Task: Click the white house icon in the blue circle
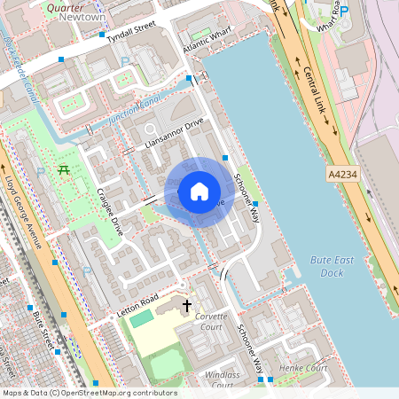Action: click(x=199, y=192)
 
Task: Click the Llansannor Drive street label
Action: click(x=174, y=133)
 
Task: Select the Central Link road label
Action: click(x=320, y=94)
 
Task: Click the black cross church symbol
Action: click(x=186, y=307)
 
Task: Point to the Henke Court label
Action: click(x=303, y=367)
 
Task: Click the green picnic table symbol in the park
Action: click(x=63, y=169)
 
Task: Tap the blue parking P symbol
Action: click(x=344, y=12)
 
